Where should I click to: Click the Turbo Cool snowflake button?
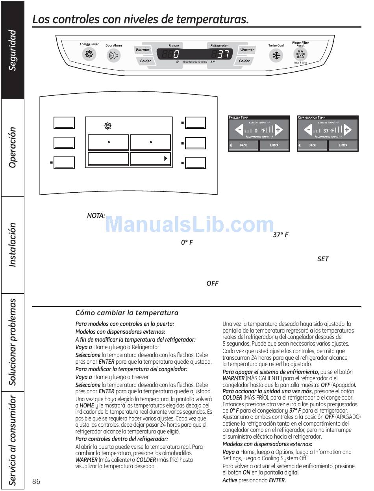click(x=276, y=56)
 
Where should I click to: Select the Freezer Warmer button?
click(x=143, y=50)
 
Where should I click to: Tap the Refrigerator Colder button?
click(x=244, y=61)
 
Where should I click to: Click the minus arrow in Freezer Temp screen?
click(x=239, y=130)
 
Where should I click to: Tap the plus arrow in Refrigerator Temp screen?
click(x=347, y=130)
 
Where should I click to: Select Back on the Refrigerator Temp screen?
click(x=312, y=145)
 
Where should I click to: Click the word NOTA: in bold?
click(x=96, y=216)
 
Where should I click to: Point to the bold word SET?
click(x=323, y=259)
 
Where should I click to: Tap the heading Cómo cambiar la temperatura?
click(x=127, y=313)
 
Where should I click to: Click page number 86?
click(x=37, y=482)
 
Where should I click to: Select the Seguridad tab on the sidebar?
click(x=13, y=50)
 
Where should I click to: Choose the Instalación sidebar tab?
click(x=13, y=245)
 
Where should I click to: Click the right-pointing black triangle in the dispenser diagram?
click(x=166, y=158)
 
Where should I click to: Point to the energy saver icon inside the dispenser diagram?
click(x=107, y=126)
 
